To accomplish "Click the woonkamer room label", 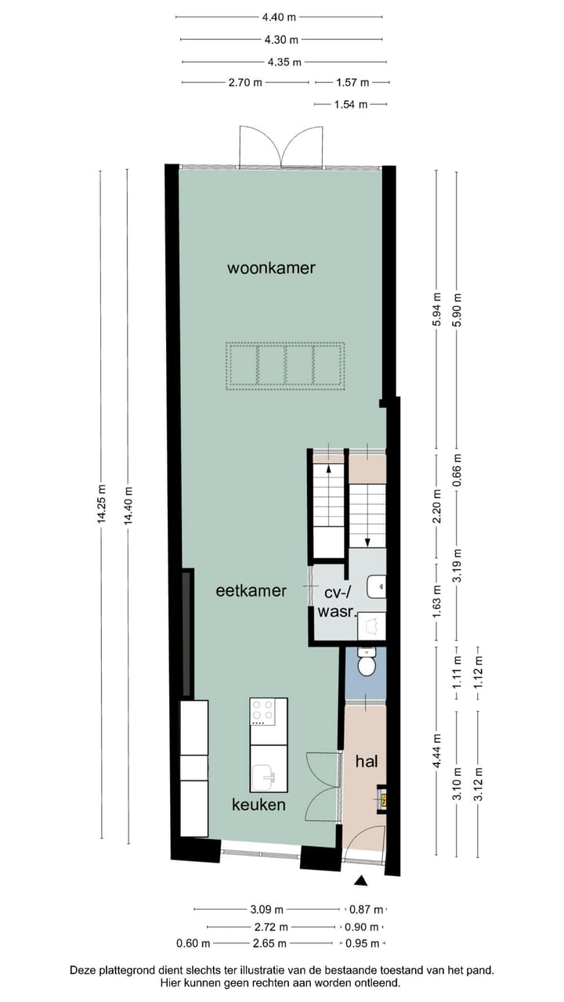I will [271, 268].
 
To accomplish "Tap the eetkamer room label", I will [251, 591].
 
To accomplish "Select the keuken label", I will [258, 805].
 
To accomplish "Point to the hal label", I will [367, 761].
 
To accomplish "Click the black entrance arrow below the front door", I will [361, 881].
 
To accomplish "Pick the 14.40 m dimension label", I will [127, 506].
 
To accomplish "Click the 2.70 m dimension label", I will [245, 82].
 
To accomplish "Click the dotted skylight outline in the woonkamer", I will [285, 365].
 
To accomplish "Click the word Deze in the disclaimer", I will [85, 970].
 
